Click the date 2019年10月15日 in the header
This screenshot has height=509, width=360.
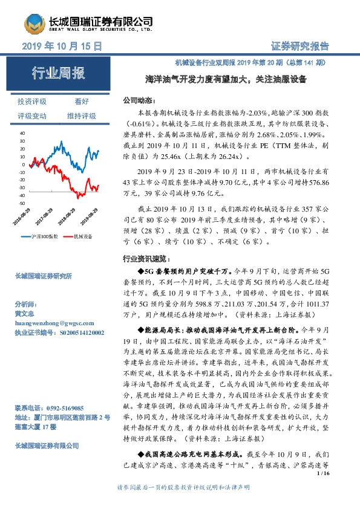click(x=61, y=46)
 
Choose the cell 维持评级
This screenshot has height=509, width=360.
click(x=82, y=115)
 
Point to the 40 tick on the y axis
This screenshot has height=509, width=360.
click(x=22, y=132)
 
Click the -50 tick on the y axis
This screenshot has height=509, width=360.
click(x=22, y=204)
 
